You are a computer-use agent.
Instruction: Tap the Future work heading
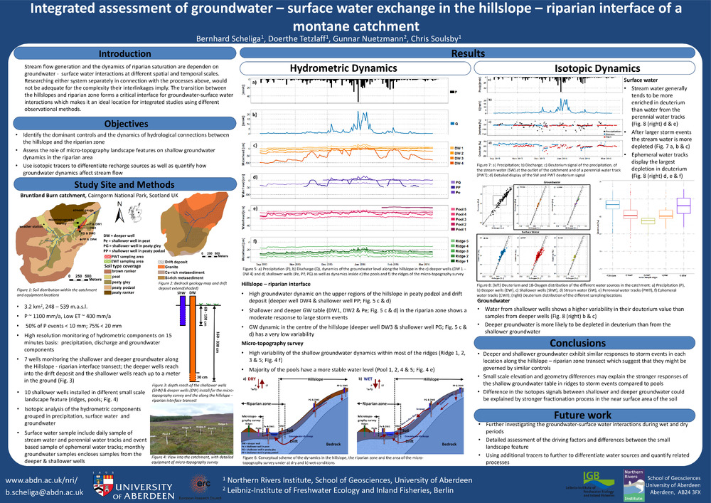tap(583, 415)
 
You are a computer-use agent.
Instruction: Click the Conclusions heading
tap(583, 343)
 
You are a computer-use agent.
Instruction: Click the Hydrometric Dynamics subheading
tap(345, 68)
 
